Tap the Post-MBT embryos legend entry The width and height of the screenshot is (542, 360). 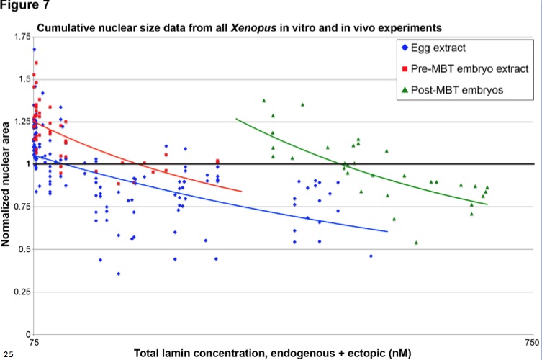coord(452,90)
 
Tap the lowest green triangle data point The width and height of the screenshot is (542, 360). coord(416,243)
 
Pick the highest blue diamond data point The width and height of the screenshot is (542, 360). coord(34,50)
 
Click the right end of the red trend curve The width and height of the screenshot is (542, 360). coord(241,192)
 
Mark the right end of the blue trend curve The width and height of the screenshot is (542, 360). coord(387,232)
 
